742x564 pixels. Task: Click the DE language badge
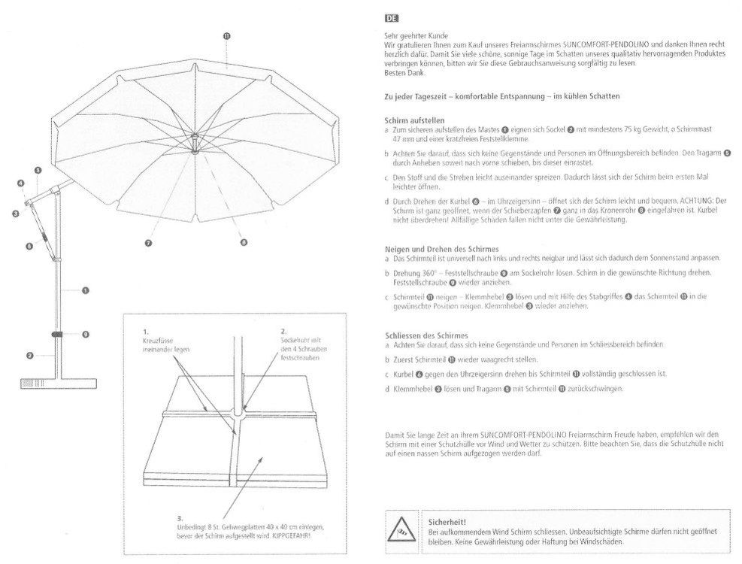click(x=392, y=19)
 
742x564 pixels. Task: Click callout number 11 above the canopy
click(x=227, y=36)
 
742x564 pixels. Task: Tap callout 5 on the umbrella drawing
click(x=38, y=170)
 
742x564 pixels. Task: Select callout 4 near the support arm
click(x=21, y=183)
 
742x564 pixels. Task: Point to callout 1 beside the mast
click(x=86, y=290)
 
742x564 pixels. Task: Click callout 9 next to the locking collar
click(x=86, y=335)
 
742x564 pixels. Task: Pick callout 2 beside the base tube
click(x=30, y=355)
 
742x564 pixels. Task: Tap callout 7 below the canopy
click(x=149, y=243)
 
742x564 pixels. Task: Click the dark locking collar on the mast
click(x=57, y=335)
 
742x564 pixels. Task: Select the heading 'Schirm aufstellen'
click(x=414, y=120)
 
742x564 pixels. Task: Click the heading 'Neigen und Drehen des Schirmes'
click(x=441, y=249)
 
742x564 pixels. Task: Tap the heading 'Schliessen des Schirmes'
click(x=426, y=335)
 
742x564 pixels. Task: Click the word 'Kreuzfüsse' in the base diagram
click(x=158, y=341)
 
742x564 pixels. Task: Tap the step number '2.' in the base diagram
click(x=283, y=332)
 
